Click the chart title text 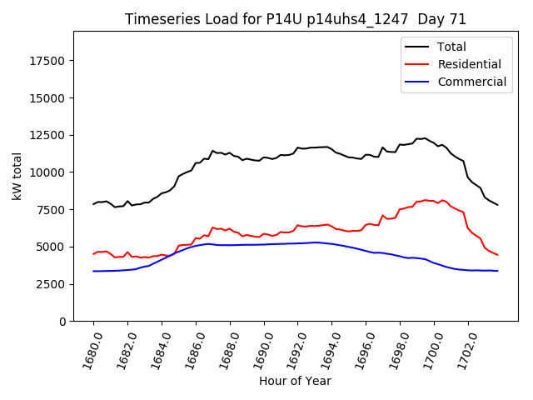[295, 19]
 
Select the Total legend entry [451, 47]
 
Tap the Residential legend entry [469, 64]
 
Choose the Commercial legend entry [471, 82]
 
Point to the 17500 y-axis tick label [48, 61]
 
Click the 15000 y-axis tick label [48, 98]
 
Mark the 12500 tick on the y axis [48, 135]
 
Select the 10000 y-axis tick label [48, 172]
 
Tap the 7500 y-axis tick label [52, 210]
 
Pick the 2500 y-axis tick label [52, 284]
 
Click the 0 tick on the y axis [63, 322]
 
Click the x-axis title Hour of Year [295, 381]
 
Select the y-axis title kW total [17, 177]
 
